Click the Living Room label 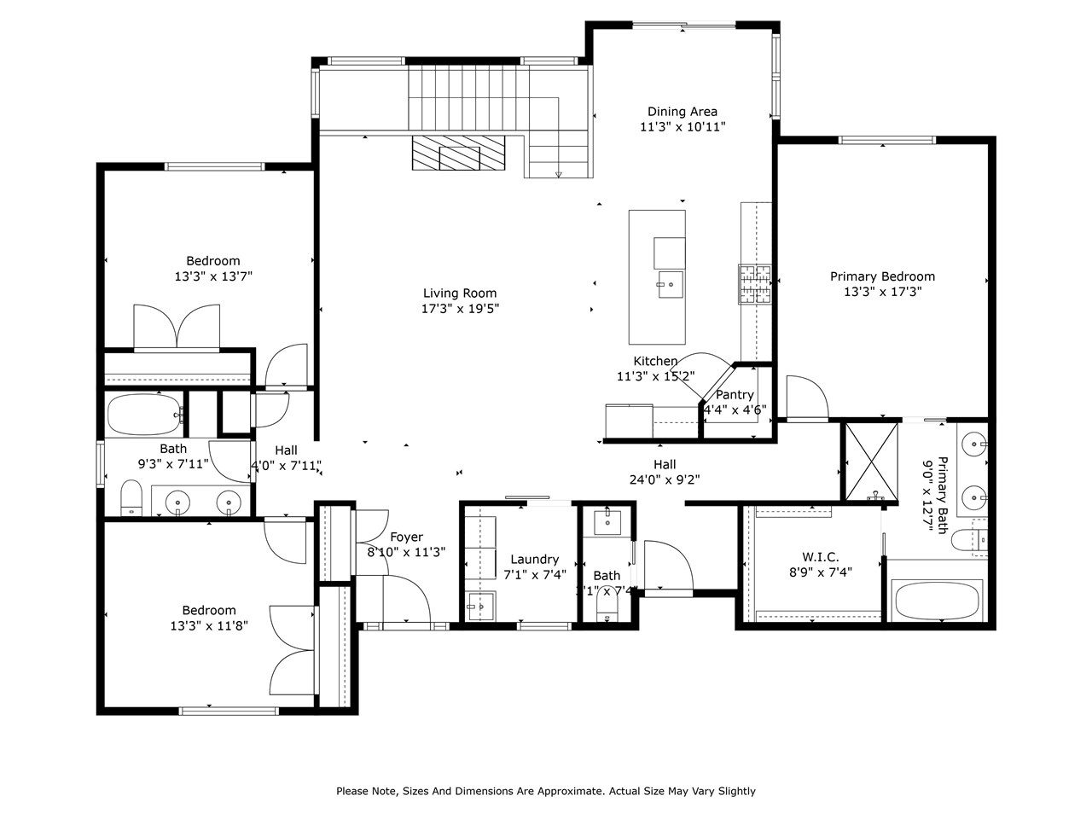460,293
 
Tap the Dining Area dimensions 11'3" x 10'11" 682,127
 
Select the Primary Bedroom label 882,276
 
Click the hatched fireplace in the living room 458,154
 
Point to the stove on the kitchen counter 755,284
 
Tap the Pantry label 735,395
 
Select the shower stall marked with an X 871,461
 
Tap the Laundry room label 535,560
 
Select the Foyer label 406,537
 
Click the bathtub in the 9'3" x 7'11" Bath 144,415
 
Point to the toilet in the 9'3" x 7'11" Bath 131,498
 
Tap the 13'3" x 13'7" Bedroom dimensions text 213,276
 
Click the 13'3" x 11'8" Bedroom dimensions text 209,625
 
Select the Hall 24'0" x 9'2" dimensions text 665,479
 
